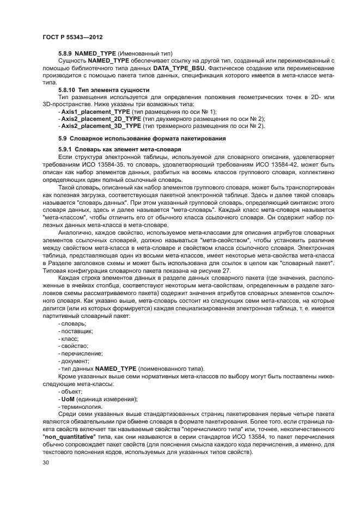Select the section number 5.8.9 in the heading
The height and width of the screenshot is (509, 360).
pyautogui.click(x=65, y=53)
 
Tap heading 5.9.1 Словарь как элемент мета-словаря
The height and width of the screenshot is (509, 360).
pyautogui.click(x=119, y=149)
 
